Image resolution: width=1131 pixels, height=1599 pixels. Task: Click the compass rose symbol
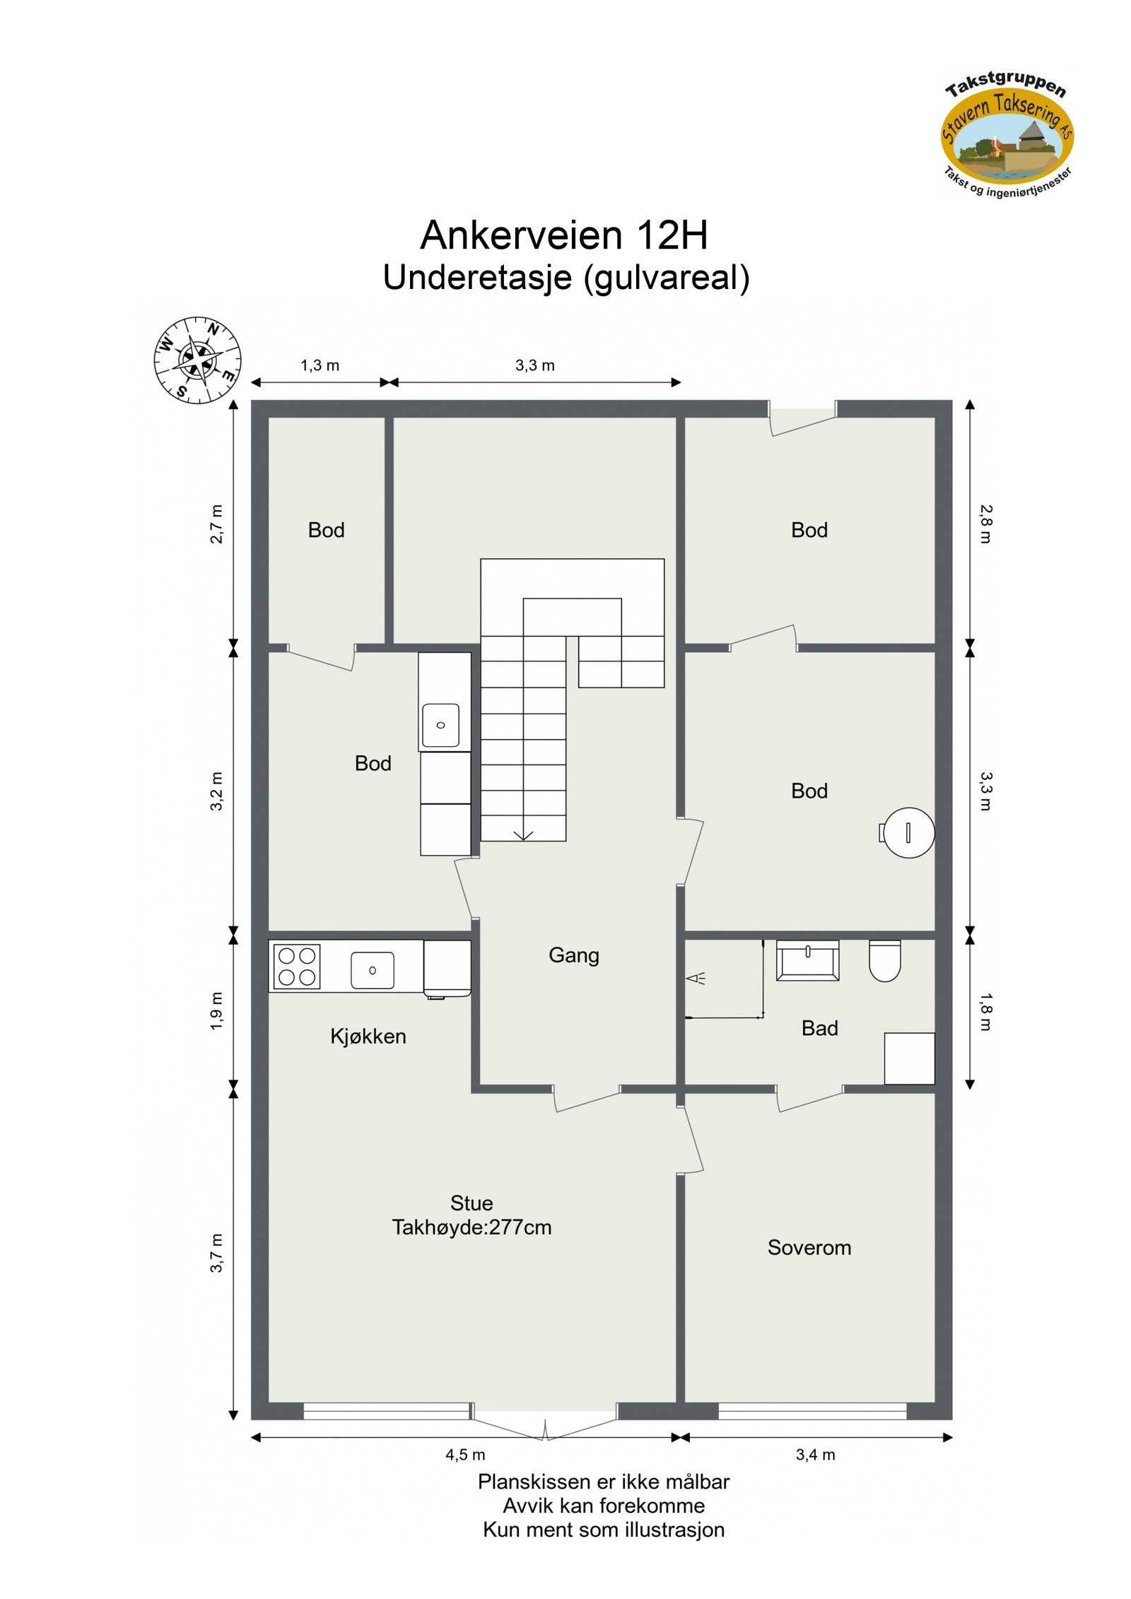click(x=197, y=360)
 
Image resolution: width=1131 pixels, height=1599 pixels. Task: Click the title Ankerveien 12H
click(x=563, y=235)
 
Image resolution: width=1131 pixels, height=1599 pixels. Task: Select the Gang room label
click(x=573, y=955)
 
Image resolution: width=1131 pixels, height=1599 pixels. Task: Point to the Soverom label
click(x=809, y=1248)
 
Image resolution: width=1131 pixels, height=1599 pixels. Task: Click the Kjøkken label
click(x=368, y=1037)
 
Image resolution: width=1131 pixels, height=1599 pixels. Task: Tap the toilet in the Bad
click(x=884, y=960)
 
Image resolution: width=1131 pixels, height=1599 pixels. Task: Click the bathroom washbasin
click(x=807, y=960)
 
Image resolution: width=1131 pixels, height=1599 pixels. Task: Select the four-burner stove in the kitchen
click(x=296, y=967)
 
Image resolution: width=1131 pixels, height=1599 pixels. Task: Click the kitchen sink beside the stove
click(x=372, y=970)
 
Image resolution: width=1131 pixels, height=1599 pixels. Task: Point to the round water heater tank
click(x=908, y=832)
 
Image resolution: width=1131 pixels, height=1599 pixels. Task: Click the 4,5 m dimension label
click(x=465, y=1455)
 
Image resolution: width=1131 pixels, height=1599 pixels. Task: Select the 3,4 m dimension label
click(x=815, y=1455)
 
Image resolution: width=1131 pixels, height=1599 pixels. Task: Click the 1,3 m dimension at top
click(x=320, y=365)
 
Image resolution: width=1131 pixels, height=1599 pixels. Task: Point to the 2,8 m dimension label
click(x=985, y=524)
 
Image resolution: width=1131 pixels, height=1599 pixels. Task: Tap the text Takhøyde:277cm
click(x=471, y=1227)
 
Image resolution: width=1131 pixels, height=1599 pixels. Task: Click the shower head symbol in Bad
click(x=696, y=979)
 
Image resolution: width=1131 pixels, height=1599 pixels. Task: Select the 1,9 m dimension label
click(x=217, y=1011)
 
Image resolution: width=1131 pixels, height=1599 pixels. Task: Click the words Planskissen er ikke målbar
click(x=603, y=1482)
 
